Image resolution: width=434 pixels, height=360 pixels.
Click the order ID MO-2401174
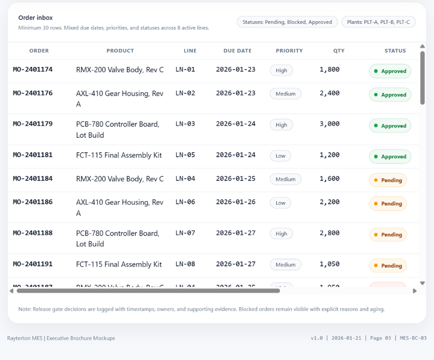(33, 69)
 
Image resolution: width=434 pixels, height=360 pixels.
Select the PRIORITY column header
(289, 51)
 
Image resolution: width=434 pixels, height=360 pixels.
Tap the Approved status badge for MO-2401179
(390, 126)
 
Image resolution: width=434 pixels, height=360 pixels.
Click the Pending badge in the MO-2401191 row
(388, 265)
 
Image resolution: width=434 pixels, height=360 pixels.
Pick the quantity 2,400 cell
(329, 93)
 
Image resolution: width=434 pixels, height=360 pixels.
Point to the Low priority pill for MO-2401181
(281, 156)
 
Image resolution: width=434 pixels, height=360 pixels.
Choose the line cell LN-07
(185, 233)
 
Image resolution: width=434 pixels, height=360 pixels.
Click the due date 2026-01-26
(236, 202)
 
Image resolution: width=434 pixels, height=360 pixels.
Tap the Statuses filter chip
(287, 22)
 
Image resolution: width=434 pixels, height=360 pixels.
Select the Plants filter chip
(378, 22)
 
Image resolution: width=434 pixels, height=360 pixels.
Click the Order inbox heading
(36, 18)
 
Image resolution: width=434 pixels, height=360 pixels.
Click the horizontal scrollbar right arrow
(414, 291)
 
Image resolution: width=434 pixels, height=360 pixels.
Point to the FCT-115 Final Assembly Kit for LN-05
(119, 155)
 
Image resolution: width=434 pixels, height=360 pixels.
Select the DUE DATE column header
(237, 51)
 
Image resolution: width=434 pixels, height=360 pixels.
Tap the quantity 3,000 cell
(329, 124)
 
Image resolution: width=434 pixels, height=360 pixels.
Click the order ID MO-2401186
(33, 202)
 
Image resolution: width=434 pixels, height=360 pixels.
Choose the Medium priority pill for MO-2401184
(285, 179)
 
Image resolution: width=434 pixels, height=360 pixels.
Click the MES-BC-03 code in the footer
(413, 338)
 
